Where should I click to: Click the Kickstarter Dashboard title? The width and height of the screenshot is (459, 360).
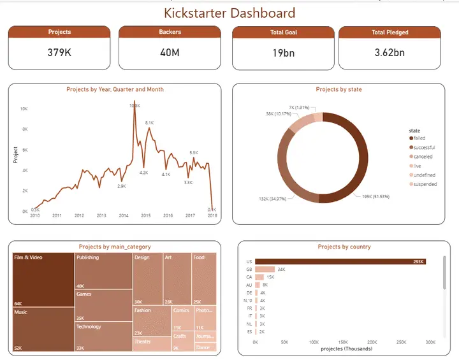(x=229, y=13)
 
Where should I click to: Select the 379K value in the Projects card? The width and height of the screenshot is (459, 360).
(x=59, y=53)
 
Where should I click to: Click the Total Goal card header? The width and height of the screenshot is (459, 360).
(x=283, y=32)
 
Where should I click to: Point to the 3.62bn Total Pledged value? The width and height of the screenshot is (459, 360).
(x=390, y=53)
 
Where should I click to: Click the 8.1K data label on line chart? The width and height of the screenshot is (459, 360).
(x=150, y=122)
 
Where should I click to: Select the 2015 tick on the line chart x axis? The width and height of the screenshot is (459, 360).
(x=146, y=216)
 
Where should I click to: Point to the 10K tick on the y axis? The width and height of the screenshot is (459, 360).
(x=24, y=109)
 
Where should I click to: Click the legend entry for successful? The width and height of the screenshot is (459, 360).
(x=424, y=147)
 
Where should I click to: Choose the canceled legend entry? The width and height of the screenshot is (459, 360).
(x=423, y=157)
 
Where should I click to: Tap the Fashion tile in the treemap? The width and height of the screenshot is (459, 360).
(x=151, y=321)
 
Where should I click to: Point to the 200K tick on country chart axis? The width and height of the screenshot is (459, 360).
(x=372, y=342)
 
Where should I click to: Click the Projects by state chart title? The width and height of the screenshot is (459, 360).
(x=339, y=90)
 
